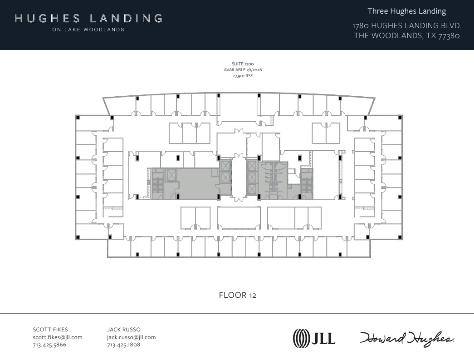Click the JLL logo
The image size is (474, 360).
pos(314,338)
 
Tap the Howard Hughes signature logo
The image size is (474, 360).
pos(407,338)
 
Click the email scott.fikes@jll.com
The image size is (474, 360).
pos(58,337)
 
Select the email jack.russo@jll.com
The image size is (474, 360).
pos(132,337)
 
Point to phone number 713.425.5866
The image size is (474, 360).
pos(49,345)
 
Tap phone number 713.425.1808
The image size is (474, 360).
pos(124,345)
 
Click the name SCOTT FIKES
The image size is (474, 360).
pos(50,330)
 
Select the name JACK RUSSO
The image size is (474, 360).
pos(124,330)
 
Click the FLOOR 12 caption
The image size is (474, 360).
pos(238,295)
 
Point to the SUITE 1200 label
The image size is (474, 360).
pos(243,64)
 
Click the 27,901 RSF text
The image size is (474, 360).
pos(243,76)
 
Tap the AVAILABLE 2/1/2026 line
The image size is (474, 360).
pos(243,70)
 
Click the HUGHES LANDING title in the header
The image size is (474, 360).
pos(88,19)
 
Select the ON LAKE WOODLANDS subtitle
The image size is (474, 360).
pos(88,30)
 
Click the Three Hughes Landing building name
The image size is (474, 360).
pos(407,11)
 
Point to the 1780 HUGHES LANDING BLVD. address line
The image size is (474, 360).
pos(407,25)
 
